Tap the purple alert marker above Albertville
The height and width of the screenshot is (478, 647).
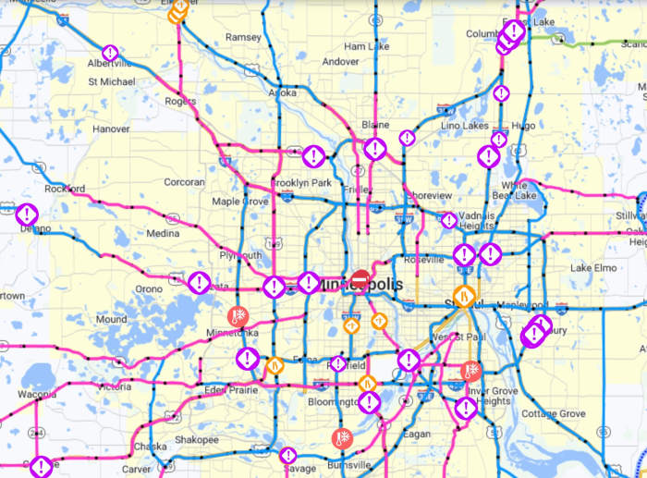point(110,54)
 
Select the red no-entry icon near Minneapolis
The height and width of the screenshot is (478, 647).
point(360,277)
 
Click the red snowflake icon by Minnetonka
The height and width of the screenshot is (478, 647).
point(238,316)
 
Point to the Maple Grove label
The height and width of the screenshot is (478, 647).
point(239,201)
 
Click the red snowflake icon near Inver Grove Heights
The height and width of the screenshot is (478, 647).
point(471,371)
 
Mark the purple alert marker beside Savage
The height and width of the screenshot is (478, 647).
point(288,456)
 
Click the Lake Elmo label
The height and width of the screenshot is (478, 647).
point(592,268)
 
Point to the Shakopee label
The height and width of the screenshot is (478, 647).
point(196,439)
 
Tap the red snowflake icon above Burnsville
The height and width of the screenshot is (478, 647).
point(341,438)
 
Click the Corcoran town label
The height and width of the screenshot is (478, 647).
point(184,183)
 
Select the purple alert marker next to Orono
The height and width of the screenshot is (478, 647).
point(199,282)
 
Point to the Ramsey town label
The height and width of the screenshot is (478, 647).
point(243,37)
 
